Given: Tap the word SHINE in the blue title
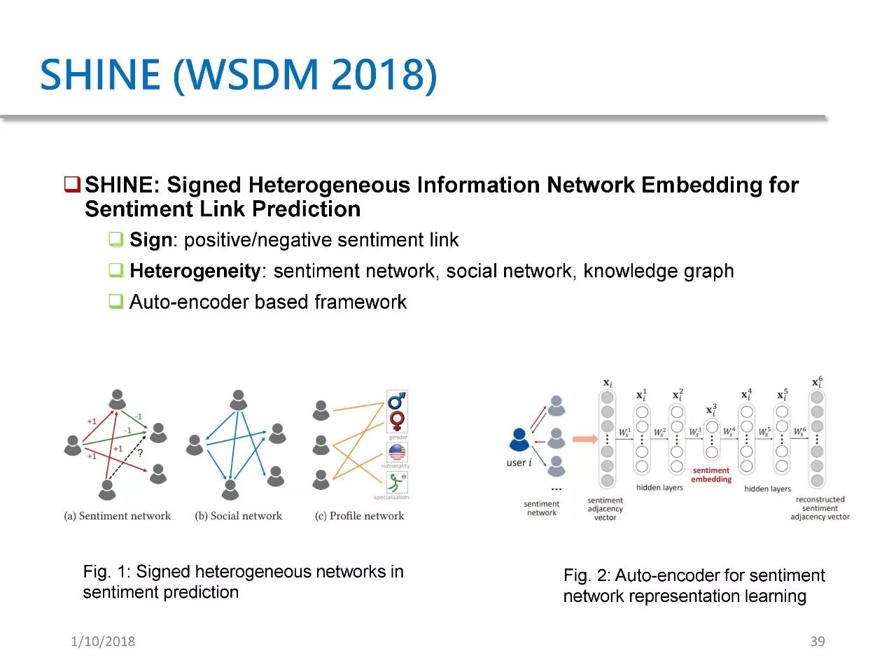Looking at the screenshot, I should tap(100, 74).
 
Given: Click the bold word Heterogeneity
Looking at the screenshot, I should tap(195, 271).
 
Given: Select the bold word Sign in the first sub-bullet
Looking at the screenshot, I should tap(150, 240).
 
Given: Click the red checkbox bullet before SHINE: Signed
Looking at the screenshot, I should tap(72, 185).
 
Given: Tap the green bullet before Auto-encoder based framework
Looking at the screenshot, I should tap(116, 302).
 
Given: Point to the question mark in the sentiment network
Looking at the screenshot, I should tap(140, 454).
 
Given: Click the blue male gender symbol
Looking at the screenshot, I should tap(397, 400).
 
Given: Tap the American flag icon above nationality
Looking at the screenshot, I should tap(396, 451).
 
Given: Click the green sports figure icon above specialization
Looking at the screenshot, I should tap(396, 482).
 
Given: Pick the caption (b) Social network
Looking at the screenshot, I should tap(238, 516).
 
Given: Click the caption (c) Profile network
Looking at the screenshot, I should tap(360, 516).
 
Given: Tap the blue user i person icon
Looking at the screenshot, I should tap(519, 440).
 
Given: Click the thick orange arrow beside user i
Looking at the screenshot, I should tap(584, 440).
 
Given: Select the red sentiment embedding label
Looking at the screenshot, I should tap(711, 475).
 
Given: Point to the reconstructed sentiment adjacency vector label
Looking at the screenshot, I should tap(820, 508).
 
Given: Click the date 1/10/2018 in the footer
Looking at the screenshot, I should tap(103, 641).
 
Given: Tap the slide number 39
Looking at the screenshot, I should tap(818, 641).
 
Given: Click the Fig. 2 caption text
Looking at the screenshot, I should tap(693, 585).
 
